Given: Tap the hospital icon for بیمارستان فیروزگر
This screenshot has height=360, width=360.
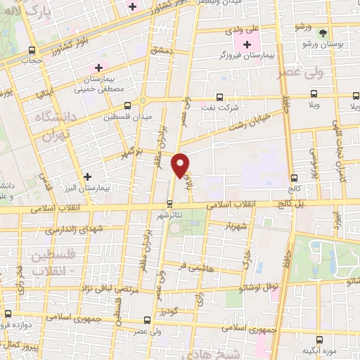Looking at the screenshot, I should (246, 45).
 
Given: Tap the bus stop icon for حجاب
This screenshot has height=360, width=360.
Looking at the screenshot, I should (31, 50).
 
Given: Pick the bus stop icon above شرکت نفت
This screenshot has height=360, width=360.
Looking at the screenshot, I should (219, 97).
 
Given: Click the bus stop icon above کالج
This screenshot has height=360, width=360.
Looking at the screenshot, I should (294, 178).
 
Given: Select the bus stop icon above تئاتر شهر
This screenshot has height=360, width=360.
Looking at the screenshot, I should (169, 205).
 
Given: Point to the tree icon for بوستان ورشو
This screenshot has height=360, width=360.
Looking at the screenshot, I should (323, 32).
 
